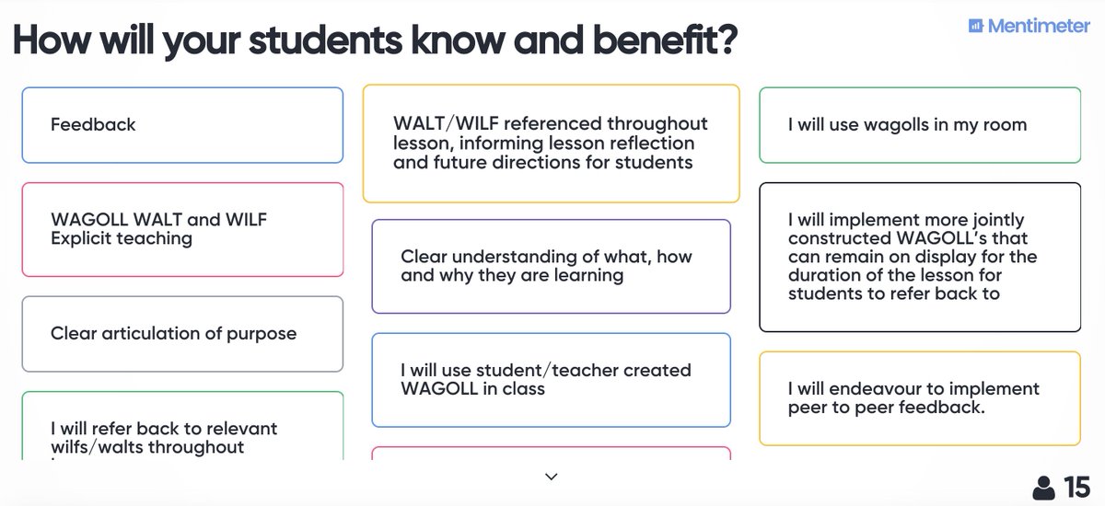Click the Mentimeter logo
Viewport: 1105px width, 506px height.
coord(1029,26)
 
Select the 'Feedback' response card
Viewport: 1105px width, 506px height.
coord(182,125)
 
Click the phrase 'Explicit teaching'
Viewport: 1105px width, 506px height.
coord(122,238)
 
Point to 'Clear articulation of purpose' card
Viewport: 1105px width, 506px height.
coord(182,333)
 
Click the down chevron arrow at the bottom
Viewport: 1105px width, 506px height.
coord(552,477)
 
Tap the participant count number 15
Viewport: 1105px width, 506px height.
coord(1076,487)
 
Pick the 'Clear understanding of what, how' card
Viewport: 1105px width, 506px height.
coord(551,266)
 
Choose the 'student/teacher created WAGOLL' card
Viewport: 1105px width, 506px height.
coord(551,379)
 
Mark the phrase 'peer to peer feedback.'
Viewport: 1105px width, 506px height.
coord(887,407)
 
